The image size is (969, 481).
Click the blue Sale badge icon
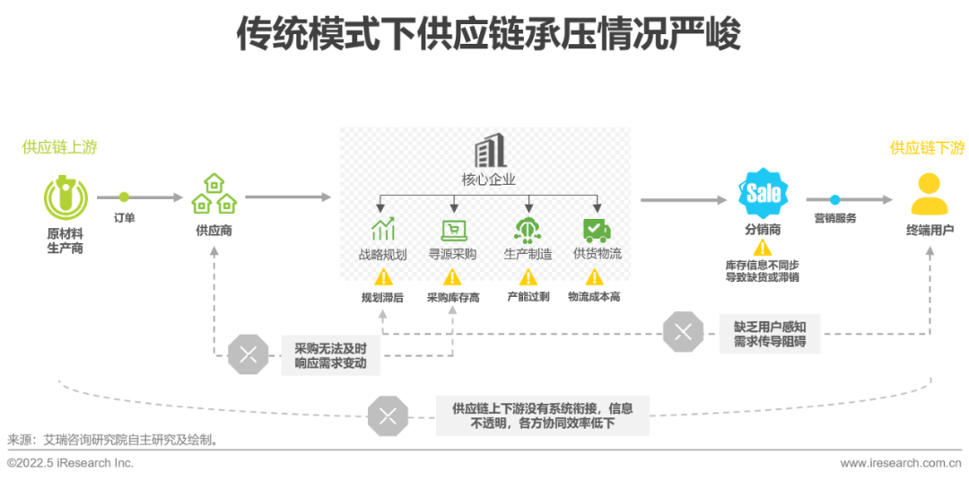coord(763,193)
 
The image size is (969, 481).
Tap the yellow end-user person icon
coord(929,194)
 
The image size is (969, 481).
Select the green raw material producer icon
coord(65,197)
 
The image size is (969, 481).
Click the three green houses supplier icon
coord(214,194)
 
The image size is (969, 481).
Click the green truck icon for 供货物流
coord(597,230)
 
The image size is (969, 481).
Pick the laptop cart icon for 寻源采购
coord(452,230)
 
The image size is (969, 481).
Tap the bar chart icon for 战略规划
coord(383,230)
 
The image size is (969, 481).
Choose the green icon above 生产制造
coord(527,230)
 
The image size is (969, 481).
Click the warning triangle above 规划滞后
coord(383,277)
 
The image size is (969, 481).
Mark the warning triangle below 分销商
coord(763,248)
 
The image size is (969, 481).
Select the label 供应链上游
coord(60,147)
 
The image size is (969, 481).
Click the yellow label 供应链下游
coord(927,148)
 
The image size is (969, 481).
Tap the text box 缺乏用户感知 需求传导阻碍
coord(769,334)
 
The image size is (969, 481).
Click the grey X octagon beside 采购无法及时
coord(248,354)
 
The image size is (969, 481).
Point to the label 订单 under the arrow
coord(125,218)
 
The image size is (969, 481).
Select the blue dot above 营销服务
coord(834,199)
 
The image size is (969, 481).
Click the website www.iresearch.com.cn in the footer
coord(904,463)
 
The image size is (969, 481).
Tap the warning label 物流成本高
coord(594,297)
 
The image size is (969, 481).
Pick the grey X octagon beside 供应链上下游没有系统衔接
coord(388,415)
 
